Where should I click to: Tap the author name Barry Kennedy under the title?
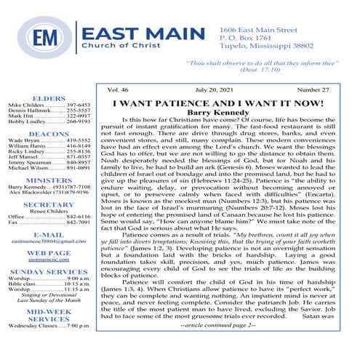click(x=228, y=115)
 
